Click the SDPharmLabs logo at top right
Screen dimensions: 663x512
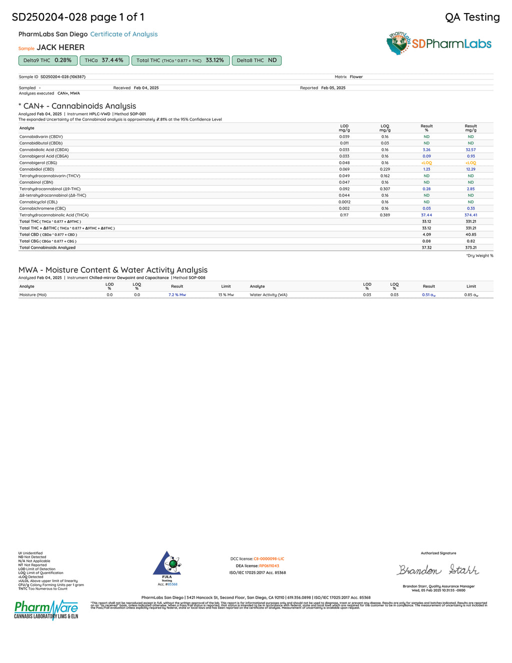[438, 44]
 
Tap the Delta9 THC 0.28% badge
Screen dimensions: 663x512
[47, 61]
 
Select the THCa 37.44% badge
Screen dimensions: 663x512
[104, 61]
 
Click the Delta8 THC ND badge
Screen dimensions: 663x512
[256, 61]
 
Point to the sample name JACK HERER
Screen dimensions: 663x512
[60, 48]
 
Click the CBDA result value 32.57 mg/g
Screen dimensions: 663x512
[470, 150]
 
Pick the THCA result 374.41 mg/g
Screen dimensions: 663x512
[470, 215]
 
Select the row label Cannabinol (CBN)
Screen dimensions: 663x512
[36, 183]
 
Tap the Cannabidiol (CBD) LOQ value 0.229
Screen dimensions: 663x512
[384, 169]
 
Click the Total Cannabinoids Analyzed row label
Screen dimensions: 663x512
[47, 248]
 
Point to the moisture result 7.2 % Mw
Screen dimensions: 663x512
[177, 295]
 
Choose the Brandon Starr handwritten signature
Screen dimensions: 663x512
[438, 570]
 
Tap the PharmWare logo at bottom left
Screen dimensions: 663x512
[46, 609]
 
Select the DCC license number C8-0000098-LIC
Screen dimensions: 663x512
[268, 559]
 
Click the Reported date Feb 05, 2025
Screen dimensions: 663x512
[333, 88]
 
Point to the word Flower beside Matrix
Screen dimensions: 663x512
[356, 77]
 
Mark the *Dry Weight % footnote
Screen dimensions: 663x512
[479, 256]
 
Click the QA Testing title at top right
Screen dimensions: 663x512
[472, 18]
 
